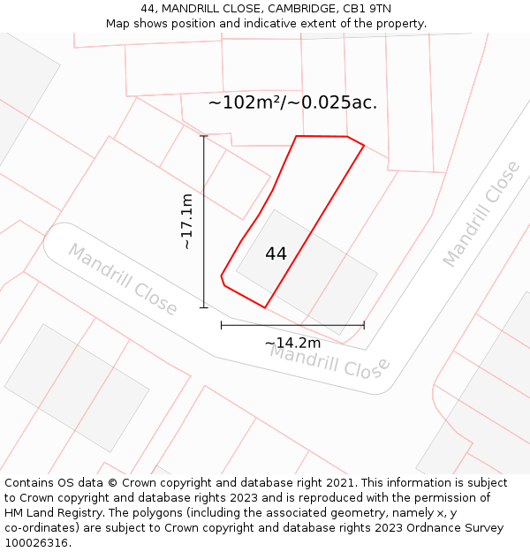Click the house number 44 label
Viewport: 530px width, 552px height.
(276, 254)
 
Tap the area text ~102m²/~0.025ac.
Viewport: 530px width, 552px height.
(292, 102)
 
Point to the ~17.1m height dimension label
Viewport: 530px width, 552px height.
(187, 222)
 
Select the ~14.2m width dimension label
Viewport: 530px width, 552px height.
(292, 343)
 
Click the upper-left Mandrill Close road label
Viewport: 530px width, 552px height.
(123, 279)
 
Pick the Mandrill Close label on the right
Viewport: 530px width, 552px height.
(481, 214)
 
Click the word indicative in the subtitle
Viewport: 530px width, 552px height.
(291, 24)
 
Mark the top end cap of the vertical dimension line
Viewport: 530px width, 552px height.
(204, 136)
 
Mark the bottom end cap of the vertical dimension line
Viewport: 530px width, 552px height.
(204, 307)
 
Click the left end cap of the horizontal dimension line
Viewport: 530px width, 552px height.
(222, 325)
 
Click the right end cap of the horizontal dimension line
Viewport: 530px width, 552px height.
(364, 325)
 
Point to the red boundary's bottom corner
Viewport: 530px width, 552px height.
(265, 307)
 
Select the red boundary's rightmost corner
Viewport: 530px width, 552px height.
(364, 146)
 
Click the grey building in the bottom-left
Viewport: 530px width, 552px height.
(77, 388)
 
